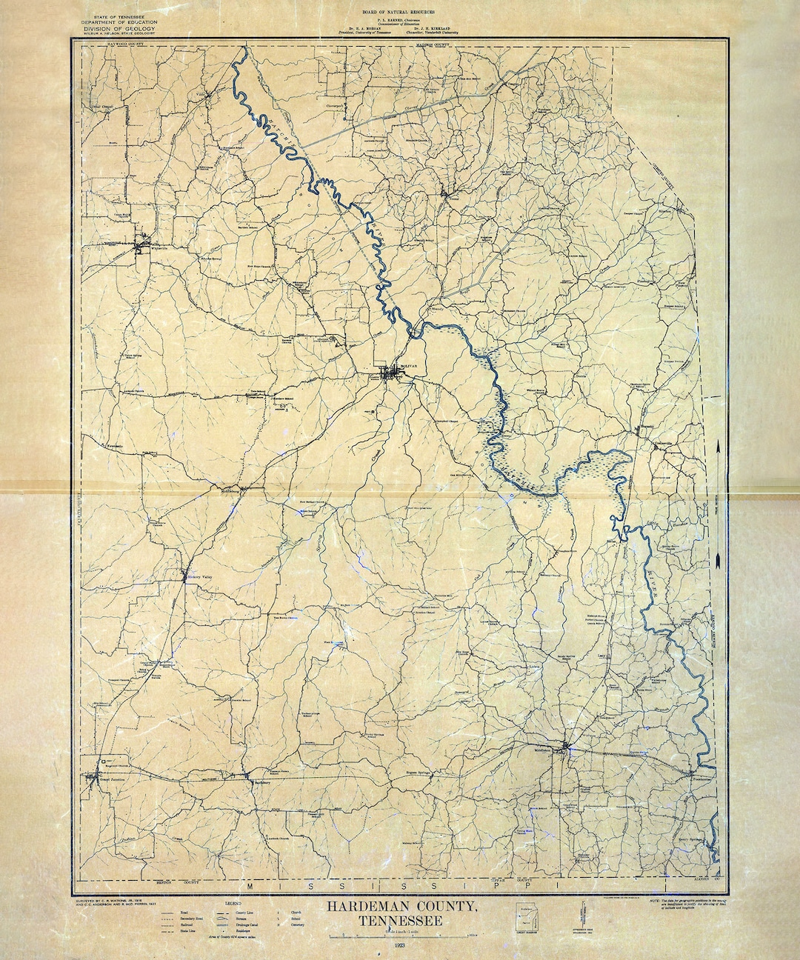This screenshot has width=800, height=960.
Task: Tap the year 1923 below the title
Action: pos(400,947)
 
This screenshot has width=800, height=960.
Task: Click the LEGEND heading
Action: pos(234,904)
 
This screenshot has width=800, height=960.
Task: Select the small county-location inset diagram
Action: pos(525,919)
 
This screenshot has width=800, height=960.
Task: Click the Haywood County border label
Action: pos(123,44)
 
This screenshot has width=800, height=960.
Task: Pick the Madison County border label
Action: pos(433,44)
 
